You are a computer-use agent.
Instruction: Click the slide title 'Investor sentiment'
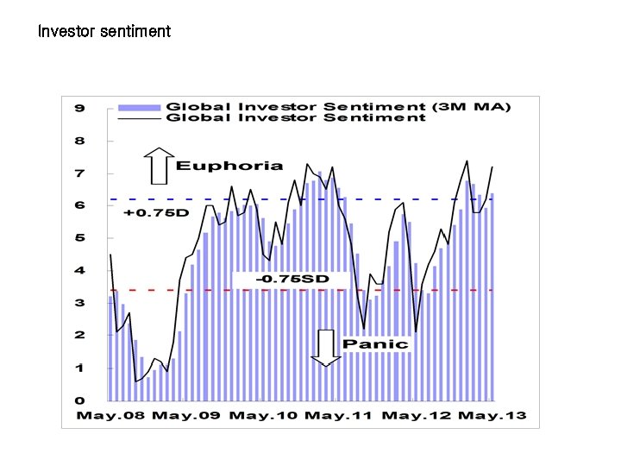tap(104, 32)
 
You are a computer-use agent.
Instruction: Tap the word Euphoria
tap(229, 166)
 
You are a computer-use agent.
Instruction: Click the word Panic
tap(375, 343)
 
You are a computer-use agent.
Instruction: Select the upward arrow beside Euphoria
tap(159, 166)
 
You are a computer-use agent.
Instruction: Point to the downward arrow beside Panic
tap(325, 348)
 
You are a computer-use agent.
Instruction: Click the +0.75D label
tap(155, 212)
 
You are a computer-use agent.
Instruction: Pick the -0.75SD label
tap(292, 280)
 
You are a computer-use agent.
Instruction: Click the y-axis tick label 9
tap(79, 108)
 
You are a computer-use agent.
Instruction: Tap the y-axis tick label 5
tap(79, 238)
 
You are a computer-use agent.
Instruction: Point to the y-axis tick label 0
tap(79, 400)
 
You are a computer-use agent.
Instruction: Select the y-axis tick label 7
tap(79, 173)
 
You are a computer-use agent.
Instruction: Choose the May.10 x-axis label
tap(261, 416)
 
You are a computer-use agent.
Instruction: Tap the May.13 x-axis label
tap(492, 416)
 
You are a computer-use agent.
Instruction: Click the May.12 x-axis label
tap(417, 416)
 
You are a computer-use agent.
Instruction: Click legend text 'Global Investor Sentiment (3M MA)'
tap(338, 107)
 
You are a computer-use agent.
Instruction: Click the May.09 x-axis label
tap(186, 416)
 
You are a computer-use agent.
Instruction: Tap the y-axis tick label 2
tap(79, 336)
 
